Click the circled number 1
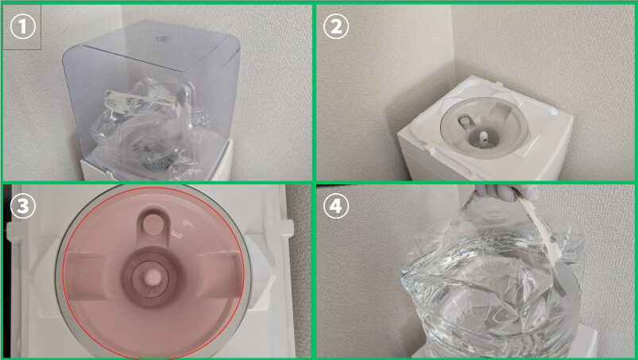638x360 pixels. click(x=23, y=26)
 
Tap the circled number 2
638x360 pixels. click(x=335, y=26)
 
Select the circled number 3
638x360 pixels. click(x=23, y=207)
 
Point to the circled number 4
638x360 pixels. click(x=335, y=207)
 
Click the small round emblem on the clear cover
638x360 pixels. click(x=163, y=40)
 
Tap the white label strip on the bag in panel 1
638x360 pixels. click(x=138, y=99)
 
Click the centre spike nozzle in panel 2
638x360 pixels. click(x=483, y=138)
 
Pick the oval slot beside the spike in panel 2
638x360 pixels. click(x=464, y=121)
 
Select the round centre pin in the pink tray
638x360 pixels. click(x=153, y=277)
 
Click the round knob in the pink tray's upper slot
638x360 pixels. click(x=153, y=224)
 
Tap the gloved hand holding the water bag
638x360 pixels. click(x=507, y=192)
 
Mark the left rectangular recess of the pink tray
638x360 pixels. click(x=87, y=271)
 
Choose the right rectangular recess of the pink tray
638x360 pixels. click(x=217, y=271)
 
